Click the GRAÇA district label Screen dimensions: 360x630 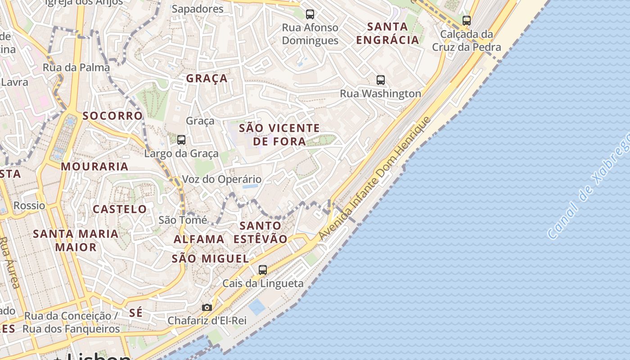pyautogui.click(x=207, y=78)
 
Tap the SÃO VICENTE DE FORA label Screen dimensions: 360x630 pyautogui.click(x=279, y=135)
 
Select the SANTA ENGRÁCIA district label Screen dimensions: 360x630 pyautogui.click(x=387, y=33)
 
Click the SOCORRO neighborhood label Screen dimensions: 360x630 pyautogui.click(x=112, y=116)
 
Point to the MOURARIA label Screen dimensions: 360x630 pyautogui.click(x=95, y=166)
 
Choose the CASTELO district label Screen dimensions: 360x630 pyautogui.click(x=120, y=209)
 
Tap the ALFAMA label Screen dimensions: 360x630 pyautogui.click(x=199, y=239)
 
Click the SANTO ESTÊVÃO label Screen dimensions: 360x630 pyautogui.click(x=261, y=232)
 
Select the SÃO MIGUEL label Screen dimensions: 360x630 pyautogui.click(x=210, y=259)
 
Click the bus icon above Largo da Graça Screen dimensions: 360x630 pyautogui.click(x=181, y=140)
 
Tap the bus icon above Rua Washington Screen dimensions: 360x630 pyautogui.click(x=381, y=80)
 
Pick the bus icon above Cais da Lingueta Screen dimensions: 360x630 pyautogui.click(x=263, y=270)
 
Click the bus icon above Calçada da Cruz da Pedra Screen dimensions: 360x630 pyautogui.click(x=467, y=20)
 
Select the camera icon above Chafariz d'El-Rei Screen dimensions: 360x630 pyautogui.click(x=207, y=308)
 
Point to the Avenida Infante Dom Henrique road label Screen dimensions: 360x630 pyautogui.click(x=374, y=178)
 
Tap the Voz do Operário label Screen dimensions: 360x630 pyautogui.click(x=221, y=180)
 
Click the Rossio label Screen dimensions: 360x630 pyautogui.click(x=29, y=206)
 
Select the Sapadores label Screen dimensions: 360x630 pyautogui.click(x=198, y=9)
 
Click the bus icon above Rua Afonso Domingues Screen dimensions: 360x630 pyautogui.click(x=310, y=14)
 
